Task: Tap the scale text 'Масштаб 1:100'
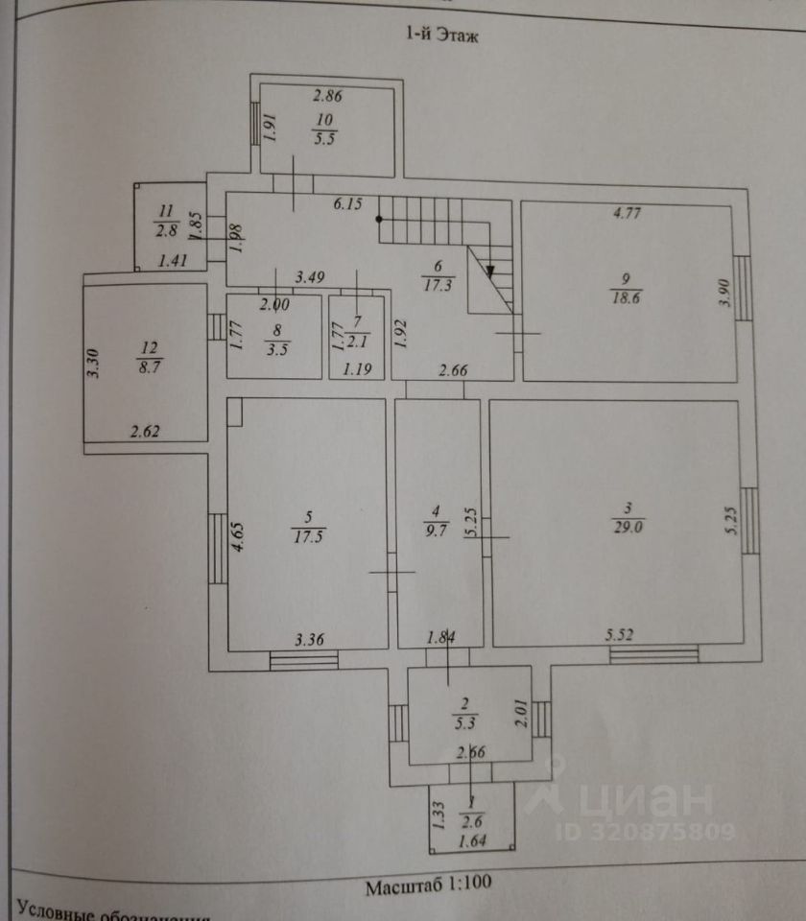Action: (x=427, y=886)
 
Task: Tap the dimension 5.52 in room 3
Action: (x=621, y=634)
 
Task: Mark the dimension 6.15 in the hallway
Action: (x=347, y=204)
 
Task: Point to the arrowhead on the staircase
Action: (x=490, y=270)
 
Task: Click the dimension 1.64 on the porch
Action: (x=470, y=842)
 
